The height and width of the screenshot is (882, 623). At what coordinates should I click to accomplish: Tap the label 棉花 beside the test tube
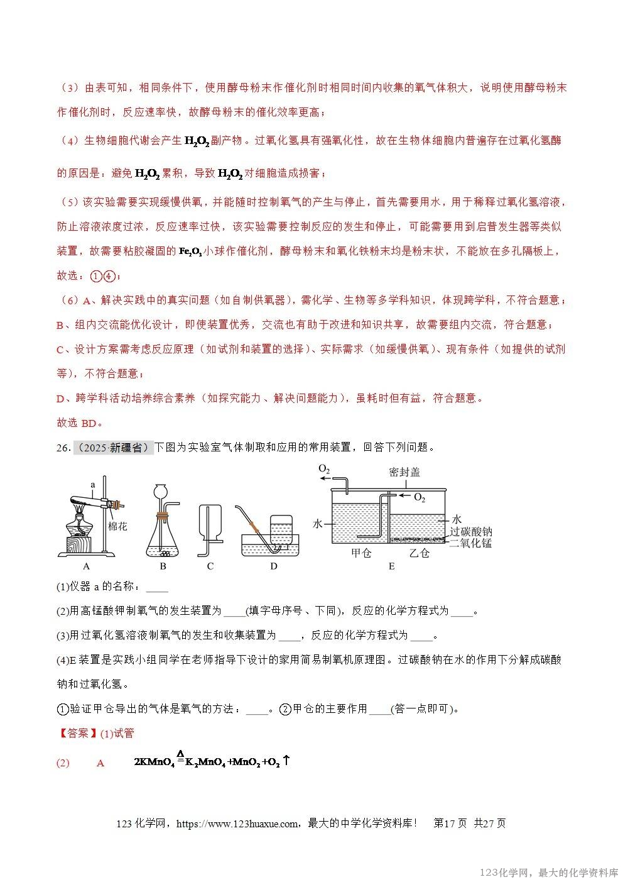click(118, 526)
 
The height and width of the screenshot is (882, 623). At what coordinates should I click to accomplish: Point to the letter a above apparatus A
click(92, 485)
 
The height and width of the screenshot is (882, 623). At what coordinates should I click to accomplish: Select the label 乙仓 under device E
click(419, 553)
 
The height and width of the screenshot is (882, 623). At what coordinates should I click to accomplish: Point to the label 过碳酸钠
click(470, 531)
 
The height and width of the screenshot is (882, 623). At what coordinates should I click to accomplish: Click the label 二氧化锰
click(470, 543)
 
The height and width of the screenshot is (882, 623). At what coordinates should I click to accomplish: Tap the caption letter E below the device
click(391, 566)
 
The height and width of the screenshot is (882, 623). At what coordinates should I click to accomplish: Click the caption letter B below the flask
click(163, 566)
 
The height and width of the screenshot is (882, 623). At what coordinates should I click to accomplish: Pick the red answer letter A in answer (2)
click(100, 763)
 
